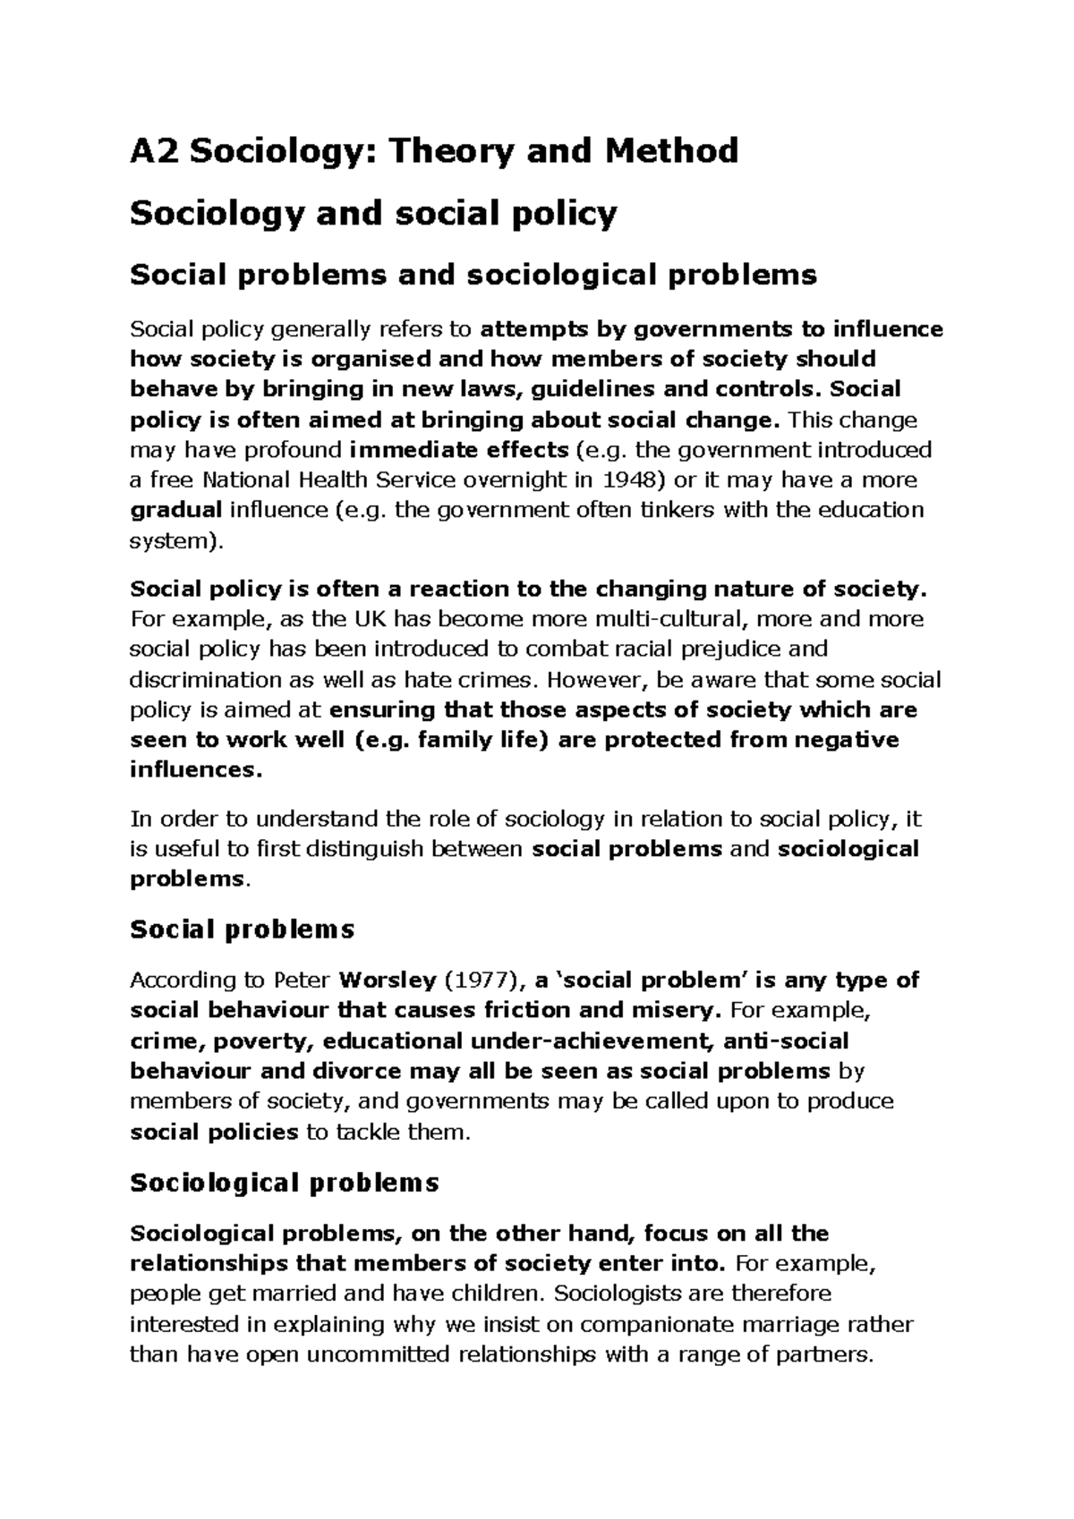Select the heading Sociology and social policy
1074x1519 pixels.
[x=373, y=214]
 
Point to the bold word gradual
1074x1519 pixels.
[x=176, y=511]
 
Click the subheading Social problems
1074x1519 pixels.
[x=243, y=929]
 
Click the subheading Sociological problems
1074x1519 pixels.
[x=285, y=1183]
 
